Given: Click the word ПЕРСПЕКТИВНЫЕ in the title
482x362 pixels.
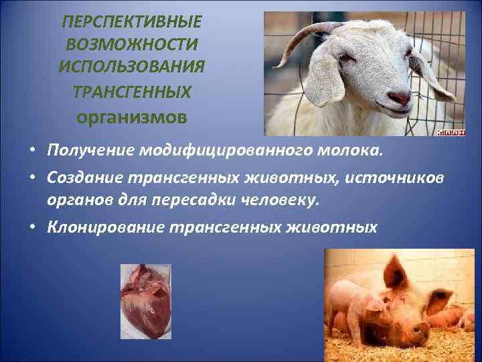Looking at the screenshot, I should coord(131,22).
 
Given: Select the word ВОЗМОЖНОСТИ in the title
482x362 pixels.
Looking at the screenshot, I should coord(131,45).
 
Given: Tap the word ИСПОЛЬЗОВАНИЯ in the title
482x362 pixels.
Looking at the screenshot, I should coord(131,68).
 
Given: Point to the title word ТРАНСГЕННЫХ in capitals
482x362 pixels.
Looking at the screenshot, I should coord(131,92).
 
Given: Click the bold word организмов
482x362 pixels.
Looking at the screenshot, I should coord(131,116).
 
